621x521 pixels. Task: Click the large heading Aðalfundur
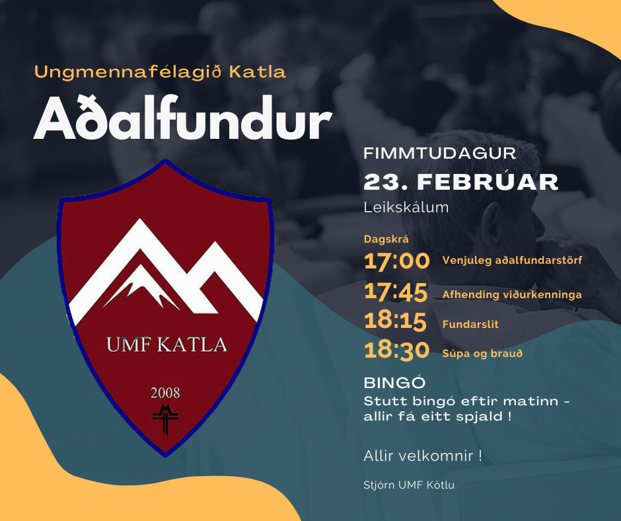[182, 118]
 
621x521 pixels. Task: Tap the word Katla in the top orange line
[258, 72]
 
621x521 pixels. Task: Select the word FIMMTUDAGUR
[439, 153]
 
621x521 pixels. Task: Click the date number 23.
[384, 182]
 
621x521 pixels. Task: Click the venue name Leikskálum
[406, 208]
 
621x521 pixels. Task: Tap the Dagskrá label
[386, 239]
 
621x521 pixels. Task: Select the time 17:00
[396, 261]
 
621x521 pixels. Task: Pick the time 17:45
[396, 292]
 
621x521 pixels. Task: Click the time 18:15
[395, 321]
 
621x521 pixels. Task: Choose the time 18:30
[396, 351]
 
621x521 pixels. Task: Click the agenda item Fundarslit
[470, 325]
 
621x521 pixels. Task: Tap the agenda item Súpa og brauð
[482, 354]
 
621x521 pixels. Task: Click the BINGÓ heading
[394, 382]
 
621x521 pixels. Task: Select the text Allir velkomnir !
[423, 456]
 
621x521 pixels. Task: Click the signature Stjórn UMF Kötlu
[409, 485]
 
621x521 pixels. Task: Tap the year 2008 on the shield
[165, 393]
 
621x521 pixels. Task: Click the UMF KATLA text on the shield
[166, 344]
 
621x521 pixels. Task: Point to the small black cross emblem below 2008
[166, 419]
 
